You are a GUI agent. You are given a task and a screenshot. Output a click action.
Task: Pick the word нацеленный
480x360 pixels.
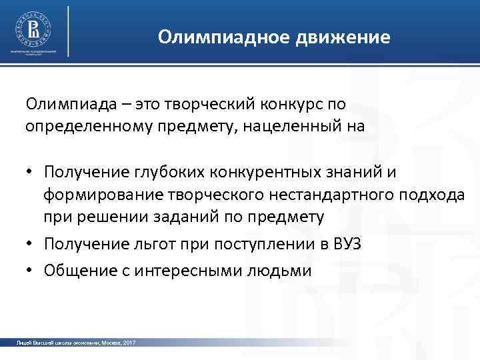[x=297, y=125]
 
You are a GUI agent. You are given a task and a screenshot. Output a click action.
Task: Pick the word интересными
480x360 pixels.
[x=201, y=271]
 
